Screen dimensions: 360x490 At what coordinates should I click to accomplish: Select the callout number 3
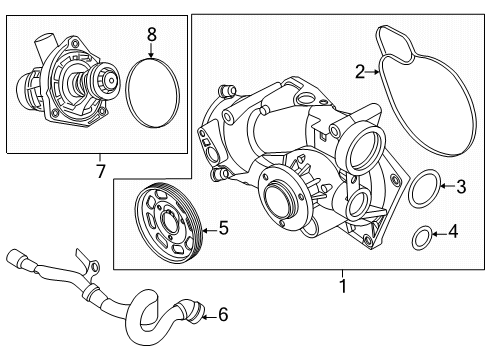pyautogui.click(x=461, y=185)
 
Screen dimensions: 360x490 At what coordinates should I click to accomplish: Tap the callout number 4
pyautogui.click(x=453, y=233)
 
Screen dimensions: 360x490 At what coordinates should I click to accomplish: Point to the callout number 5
pyautogui.click(x=223, y=228)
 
